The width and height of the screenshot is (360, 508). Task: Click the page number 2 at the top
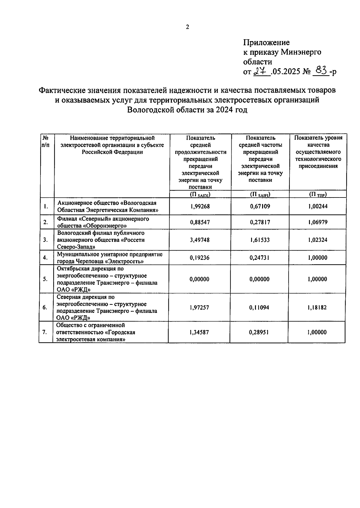pyautogui.click(x=187, y=27)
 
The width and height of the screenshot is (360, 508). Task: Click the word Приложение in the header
pyautogui.click(x=266, y=42)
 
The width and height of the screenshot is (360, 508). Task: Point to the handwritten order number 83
pyautogui.click(x=320, y=71)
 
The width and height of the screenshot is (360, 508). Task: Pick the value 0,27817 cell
pyautogui.click(x=260, y=222)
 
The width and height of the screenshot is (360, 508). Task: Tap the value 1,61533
pyautogui.click(x=260, y=240)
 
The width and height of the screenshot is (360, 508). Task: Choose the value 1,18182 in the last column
pyautogui.click(x=317, y=307)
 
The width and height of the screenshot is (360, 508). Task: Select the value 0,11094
pyautogui.click(x=260, y=307)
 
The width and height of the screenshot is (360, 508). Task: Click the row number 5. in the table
pyautogui.click(x=45, y=279)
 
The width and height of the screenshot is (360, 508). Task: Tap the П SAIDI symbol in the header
pyautogui.click(x=200, y=195)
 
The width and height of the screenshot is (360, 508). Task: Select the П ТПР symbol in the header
pyautogui.click(x=318, y=195)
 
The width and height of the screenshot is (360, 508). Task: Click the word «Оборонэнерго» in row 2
pyautogui.click(x=105, y=226)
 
